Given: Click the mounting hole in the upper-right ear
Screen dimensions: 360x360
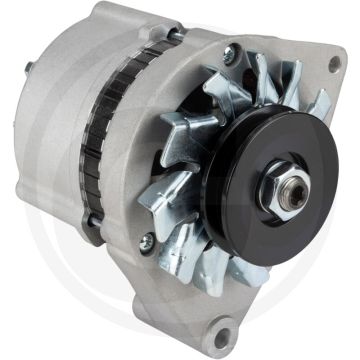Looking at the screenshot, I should [331, 65].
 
